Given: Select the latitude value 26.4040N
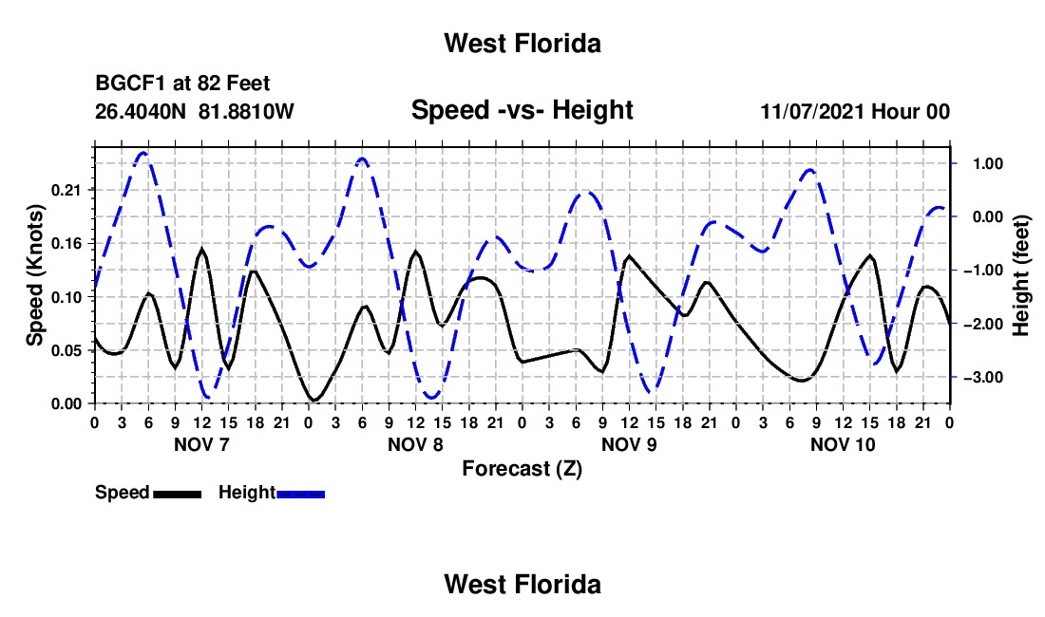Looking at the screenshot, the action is pos(141,111).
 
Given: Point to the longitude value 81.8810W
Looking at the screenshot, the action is pos(246,111).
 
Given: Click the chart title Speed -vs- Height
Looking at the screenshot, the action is pos(522,110).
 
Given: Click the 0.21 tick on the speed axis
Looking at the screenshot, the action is pos(66,191).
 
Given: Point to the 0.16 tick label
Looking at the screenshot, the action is pos(66,244).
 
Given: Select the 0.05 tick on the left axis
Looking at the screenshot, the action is pos(66,351).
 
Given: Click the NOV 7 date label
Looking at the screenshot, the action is pos(201,444).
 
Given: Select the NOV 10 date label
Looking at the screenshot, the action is pos(843,444).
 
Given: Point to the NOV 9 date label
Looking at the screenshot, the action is pos(629,444).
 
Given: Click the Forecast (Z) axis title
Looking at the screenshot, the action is pos(522,469).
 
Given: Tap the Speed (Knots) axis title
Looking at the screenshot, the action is pos(34,275).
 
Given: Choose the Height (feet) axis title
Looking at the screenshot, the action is pos(1021,275).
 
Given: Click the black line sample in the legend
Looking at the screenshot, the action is pos(178,495).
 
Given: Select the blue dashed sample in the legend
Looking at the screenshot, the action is pos(300,495).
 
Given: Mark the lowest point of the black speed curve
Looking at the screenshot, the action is pos(314,400).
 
